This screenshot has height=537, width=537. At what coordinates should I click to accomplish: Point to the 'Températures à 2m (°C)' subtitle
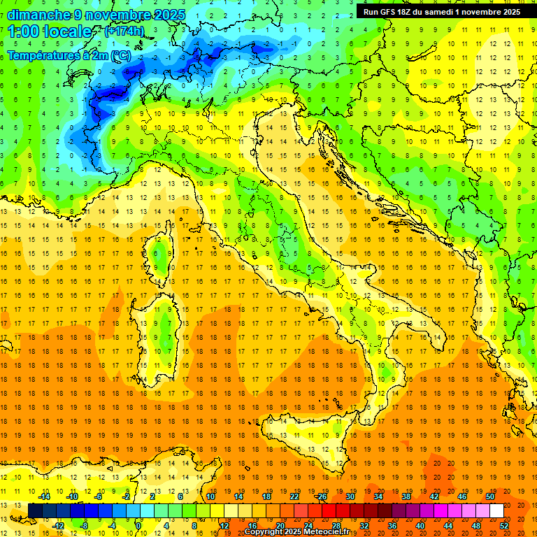coord(69,55)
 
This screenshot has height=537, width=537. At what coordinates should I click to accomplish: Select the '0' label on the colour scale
coord(138,525)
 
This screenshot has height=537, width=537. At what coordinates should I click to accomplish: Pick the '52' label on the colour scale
coord(504,525)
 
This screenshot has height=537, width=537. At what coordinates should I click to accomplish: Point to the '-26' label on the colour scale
coord(321,496)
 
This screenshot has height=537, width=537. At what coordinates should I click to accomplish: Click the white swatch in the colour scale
coord(496,511)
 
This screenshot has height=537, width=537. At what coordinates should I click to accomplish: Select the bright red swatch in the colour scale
coord(329,511)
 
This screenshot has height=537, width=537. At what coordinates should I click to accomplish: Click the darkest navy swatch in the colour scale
coord(36,511)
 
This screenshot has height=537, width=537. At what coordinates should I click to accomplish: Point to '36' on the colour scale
coord(392,525)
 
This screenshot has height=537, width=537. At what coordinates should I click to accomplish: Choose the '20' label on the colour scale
coord(280,525)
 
